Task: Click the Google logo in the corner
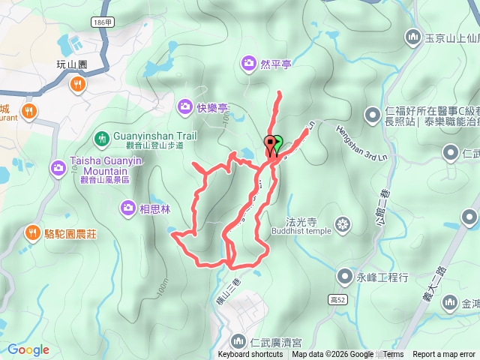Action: [28, 349]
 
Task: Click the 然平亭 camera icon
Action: [248, 64]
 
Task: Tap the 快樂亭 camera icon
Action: [185, 107]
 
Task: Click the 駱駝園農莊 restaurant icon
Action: [31, 232]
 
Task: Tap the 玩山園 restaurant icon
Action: [76, 85]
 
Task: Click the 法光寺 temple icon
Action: [343, 223]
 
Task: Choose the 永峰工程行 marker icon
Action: [344, 277]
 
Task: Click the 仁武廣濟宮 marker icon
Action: [238, 342]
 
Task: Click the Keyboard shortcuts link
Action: [250, 355]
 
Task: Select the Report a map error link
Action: [444, 355]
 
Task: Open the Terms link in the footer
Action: [393, 355]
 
